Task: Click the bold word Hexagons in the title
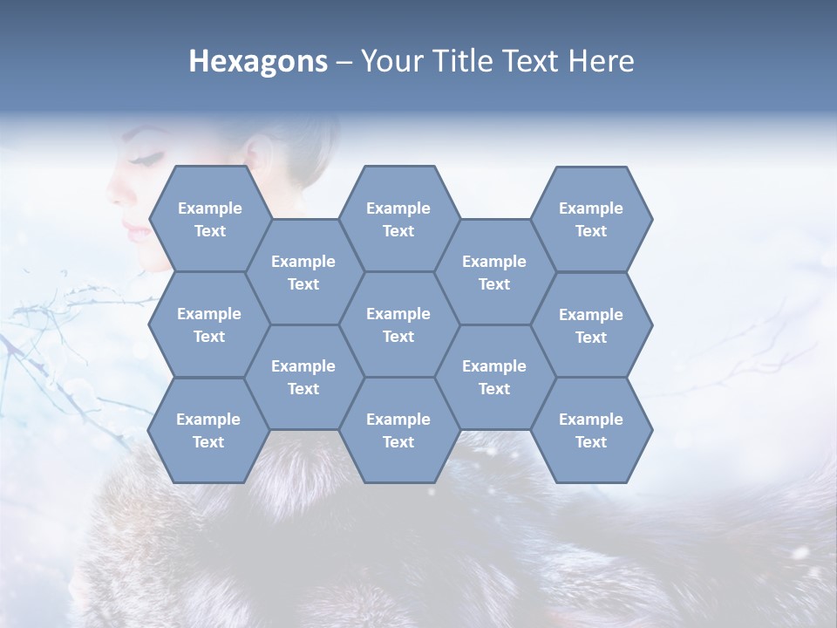point(258,61)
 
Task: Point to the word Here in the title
point(602,61)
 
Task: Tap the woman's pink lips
point(135,230)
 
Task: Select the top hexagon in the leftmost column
point(209,219)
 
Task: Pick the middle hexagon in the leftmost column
point(209,324)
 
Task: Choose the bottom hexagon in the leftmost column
point(208,430)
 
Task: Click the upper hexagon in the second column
point(303,272)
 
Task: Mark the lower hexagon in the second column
point(303,377)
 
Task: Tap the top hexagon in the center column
point(398,219)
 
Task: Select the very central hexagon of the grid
point(398,324)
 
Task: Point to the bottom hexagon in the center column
point(398,430)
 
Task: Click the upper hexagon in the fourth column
point(494,272)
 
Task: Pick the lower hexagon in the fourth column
point(494,377)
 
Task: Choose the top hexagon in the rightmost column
point(591,219)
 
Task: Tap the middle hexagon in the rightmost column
point(591,325)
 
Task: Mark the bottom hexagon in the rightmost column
point(591,430)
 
